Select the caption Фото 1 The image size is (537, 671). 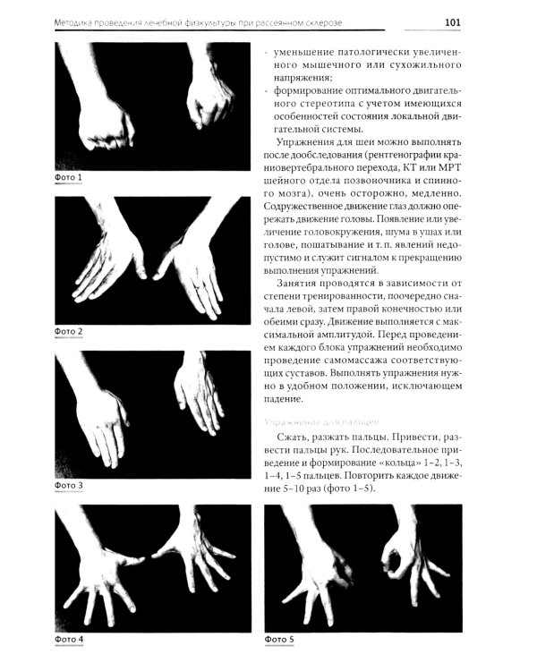coord(69,177)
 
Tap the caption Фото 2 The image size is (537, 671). coord(69,331)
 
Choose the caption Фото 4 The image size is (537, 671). coord(69,640)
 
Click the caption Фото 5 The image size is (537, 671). coord(279,640)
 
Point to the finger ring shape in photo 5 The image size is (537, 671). coord(392,563)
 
